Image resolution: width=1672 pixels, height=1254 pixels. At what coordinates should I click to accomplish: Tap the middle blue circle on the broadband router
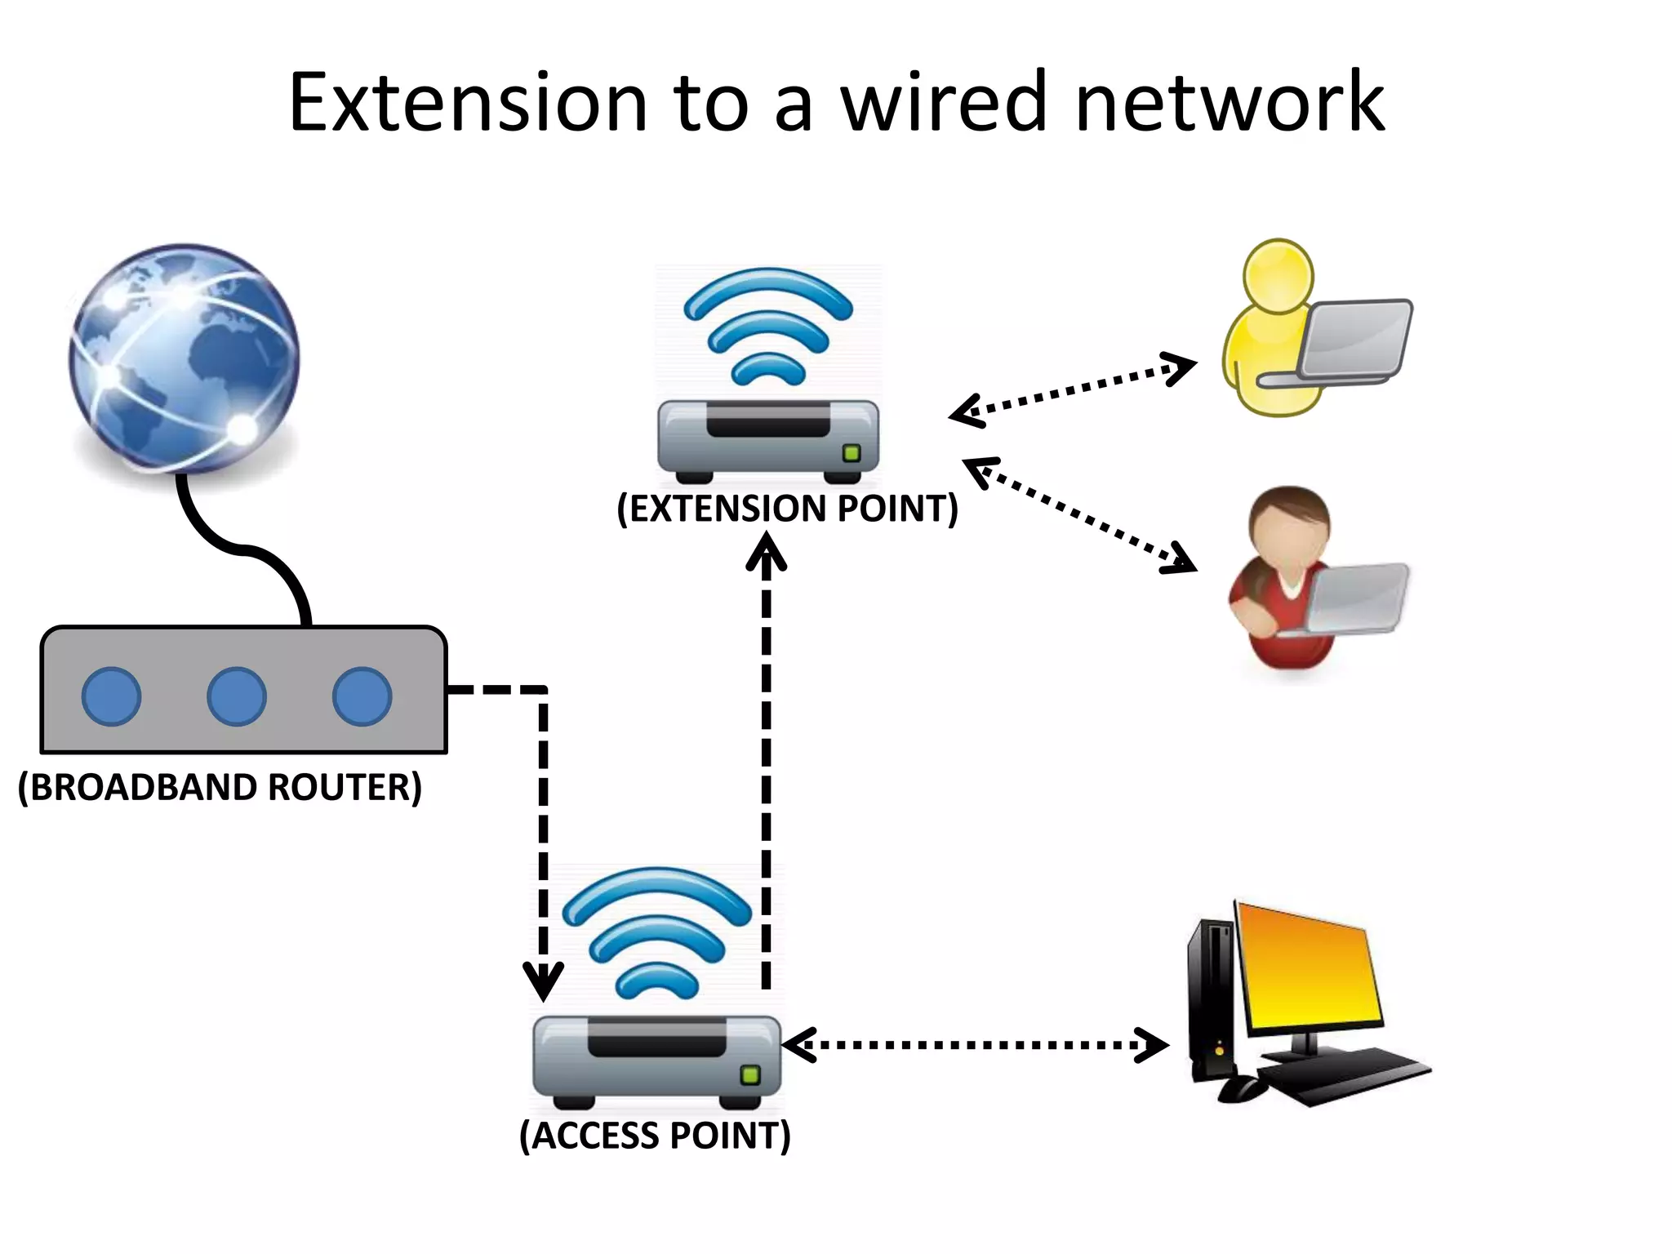236,696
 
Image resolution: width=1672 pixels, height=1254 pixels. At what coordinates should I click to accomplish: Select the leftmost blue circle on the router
112,696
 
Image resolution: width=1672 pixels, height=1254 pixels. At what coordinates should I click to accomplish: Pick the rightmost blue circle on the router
362,696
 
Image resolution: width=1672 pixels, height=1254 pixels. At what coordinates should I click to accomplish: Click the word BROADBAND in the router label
144,788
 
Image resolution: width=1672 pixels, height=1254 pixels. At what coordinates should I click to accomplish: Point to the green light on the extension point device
852,453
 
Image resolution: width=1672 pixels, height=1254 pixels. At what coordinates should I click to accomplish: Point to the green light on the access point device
749,1075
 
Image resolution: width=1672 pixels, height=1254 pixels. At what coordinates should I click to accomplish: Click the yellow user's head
1278,274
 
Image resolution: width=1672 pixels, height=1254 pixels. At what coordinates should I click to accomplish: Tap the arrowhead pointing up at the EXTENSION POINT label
766,551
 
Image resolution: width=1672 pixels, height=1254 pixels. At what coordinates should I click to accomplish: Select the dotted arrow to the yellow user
1073,389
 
